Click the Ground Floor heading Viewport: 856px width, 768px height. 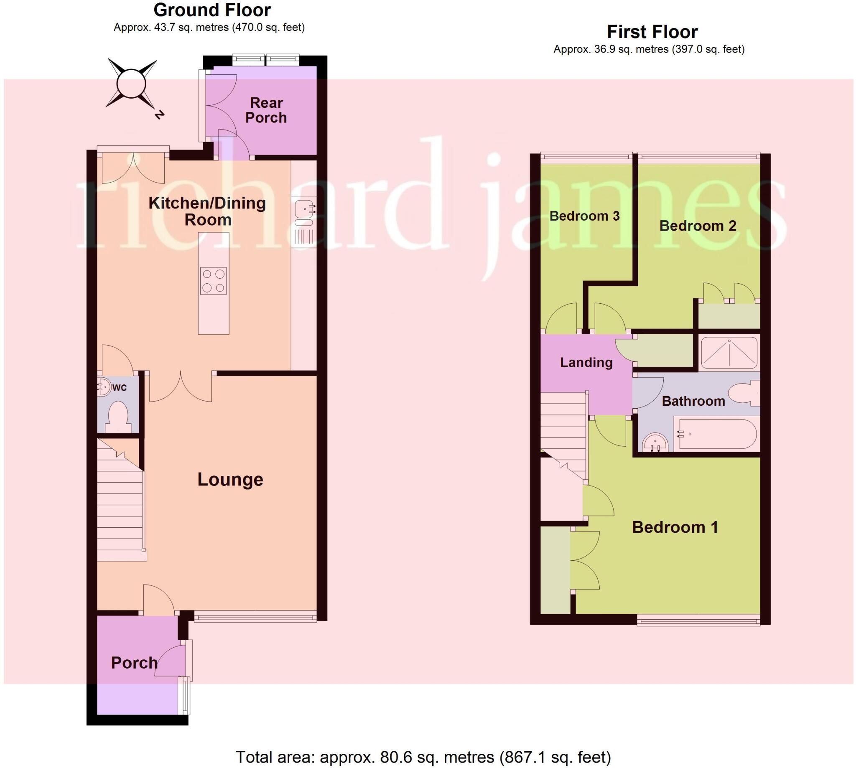point(212,10)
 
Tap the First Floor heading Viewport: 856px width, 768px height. point(652,32)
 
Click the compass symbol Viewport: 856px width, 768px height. point(131,84)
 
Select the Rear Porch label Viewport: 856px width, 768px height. point(266,110)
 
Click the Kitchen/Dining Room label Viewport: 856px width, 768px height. point(207,211)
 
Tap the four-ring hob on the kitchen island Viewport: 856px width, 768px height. point(214,281)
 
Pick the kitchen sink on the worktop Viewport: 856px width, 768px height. point(304,209)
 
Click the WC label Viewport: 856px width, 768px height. point(120,388)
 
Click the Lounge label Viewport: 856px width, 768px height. point(230,479)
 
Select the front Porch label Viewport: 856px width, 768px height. point(134,663)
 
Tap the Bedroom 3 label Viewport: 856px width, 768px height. point(584,216)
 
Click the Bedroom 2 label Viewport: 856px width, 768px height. point(698,226)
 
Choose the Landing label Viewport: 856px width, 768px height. point(586,362)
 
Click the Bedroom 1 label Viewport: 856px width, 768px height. point(675,527)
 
